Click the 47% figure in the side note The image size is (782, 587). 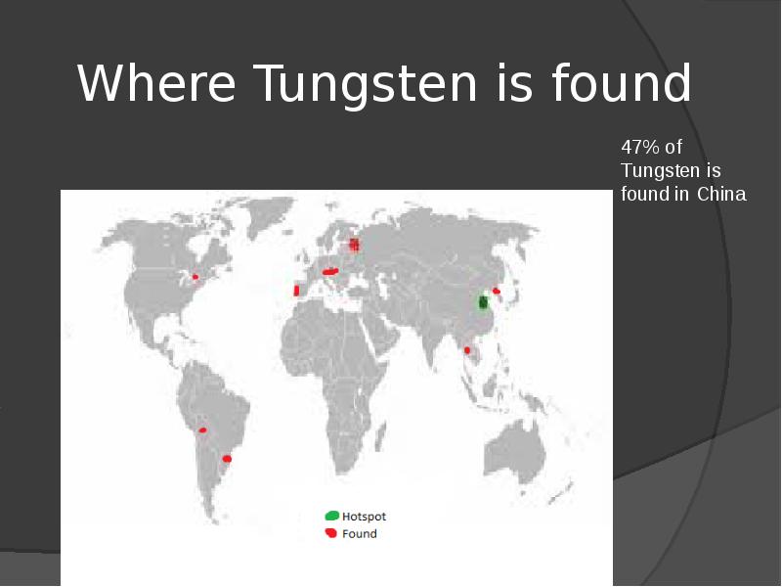click(640, 148)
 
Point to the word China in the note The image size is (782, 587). click(722, 194)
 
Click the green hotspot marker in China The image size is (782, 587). click(482, 302)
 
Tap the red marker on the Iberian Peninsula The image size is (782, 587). click(296, 291)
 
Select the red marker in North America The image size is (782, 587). click(195, 277)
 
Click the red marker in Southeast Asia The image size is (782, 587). click(467, 349)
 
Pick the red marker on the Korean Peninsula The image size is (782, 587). click(497, 291)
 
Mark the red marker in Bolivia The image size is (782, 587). click(202, 430)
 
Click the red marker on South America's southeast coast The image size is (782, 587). click(228, 458)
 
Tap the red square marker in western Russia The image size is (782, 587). click(355, 245)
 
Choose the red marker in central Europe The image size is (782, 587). click(330, 271)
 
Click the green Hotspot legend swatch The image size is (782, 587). click(332, 516)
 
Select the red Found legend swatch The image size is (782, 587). click(331, 533)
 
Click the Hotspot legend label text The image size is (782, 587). click(364, 516)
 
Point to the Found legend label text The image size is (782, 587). click(359, 534)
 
